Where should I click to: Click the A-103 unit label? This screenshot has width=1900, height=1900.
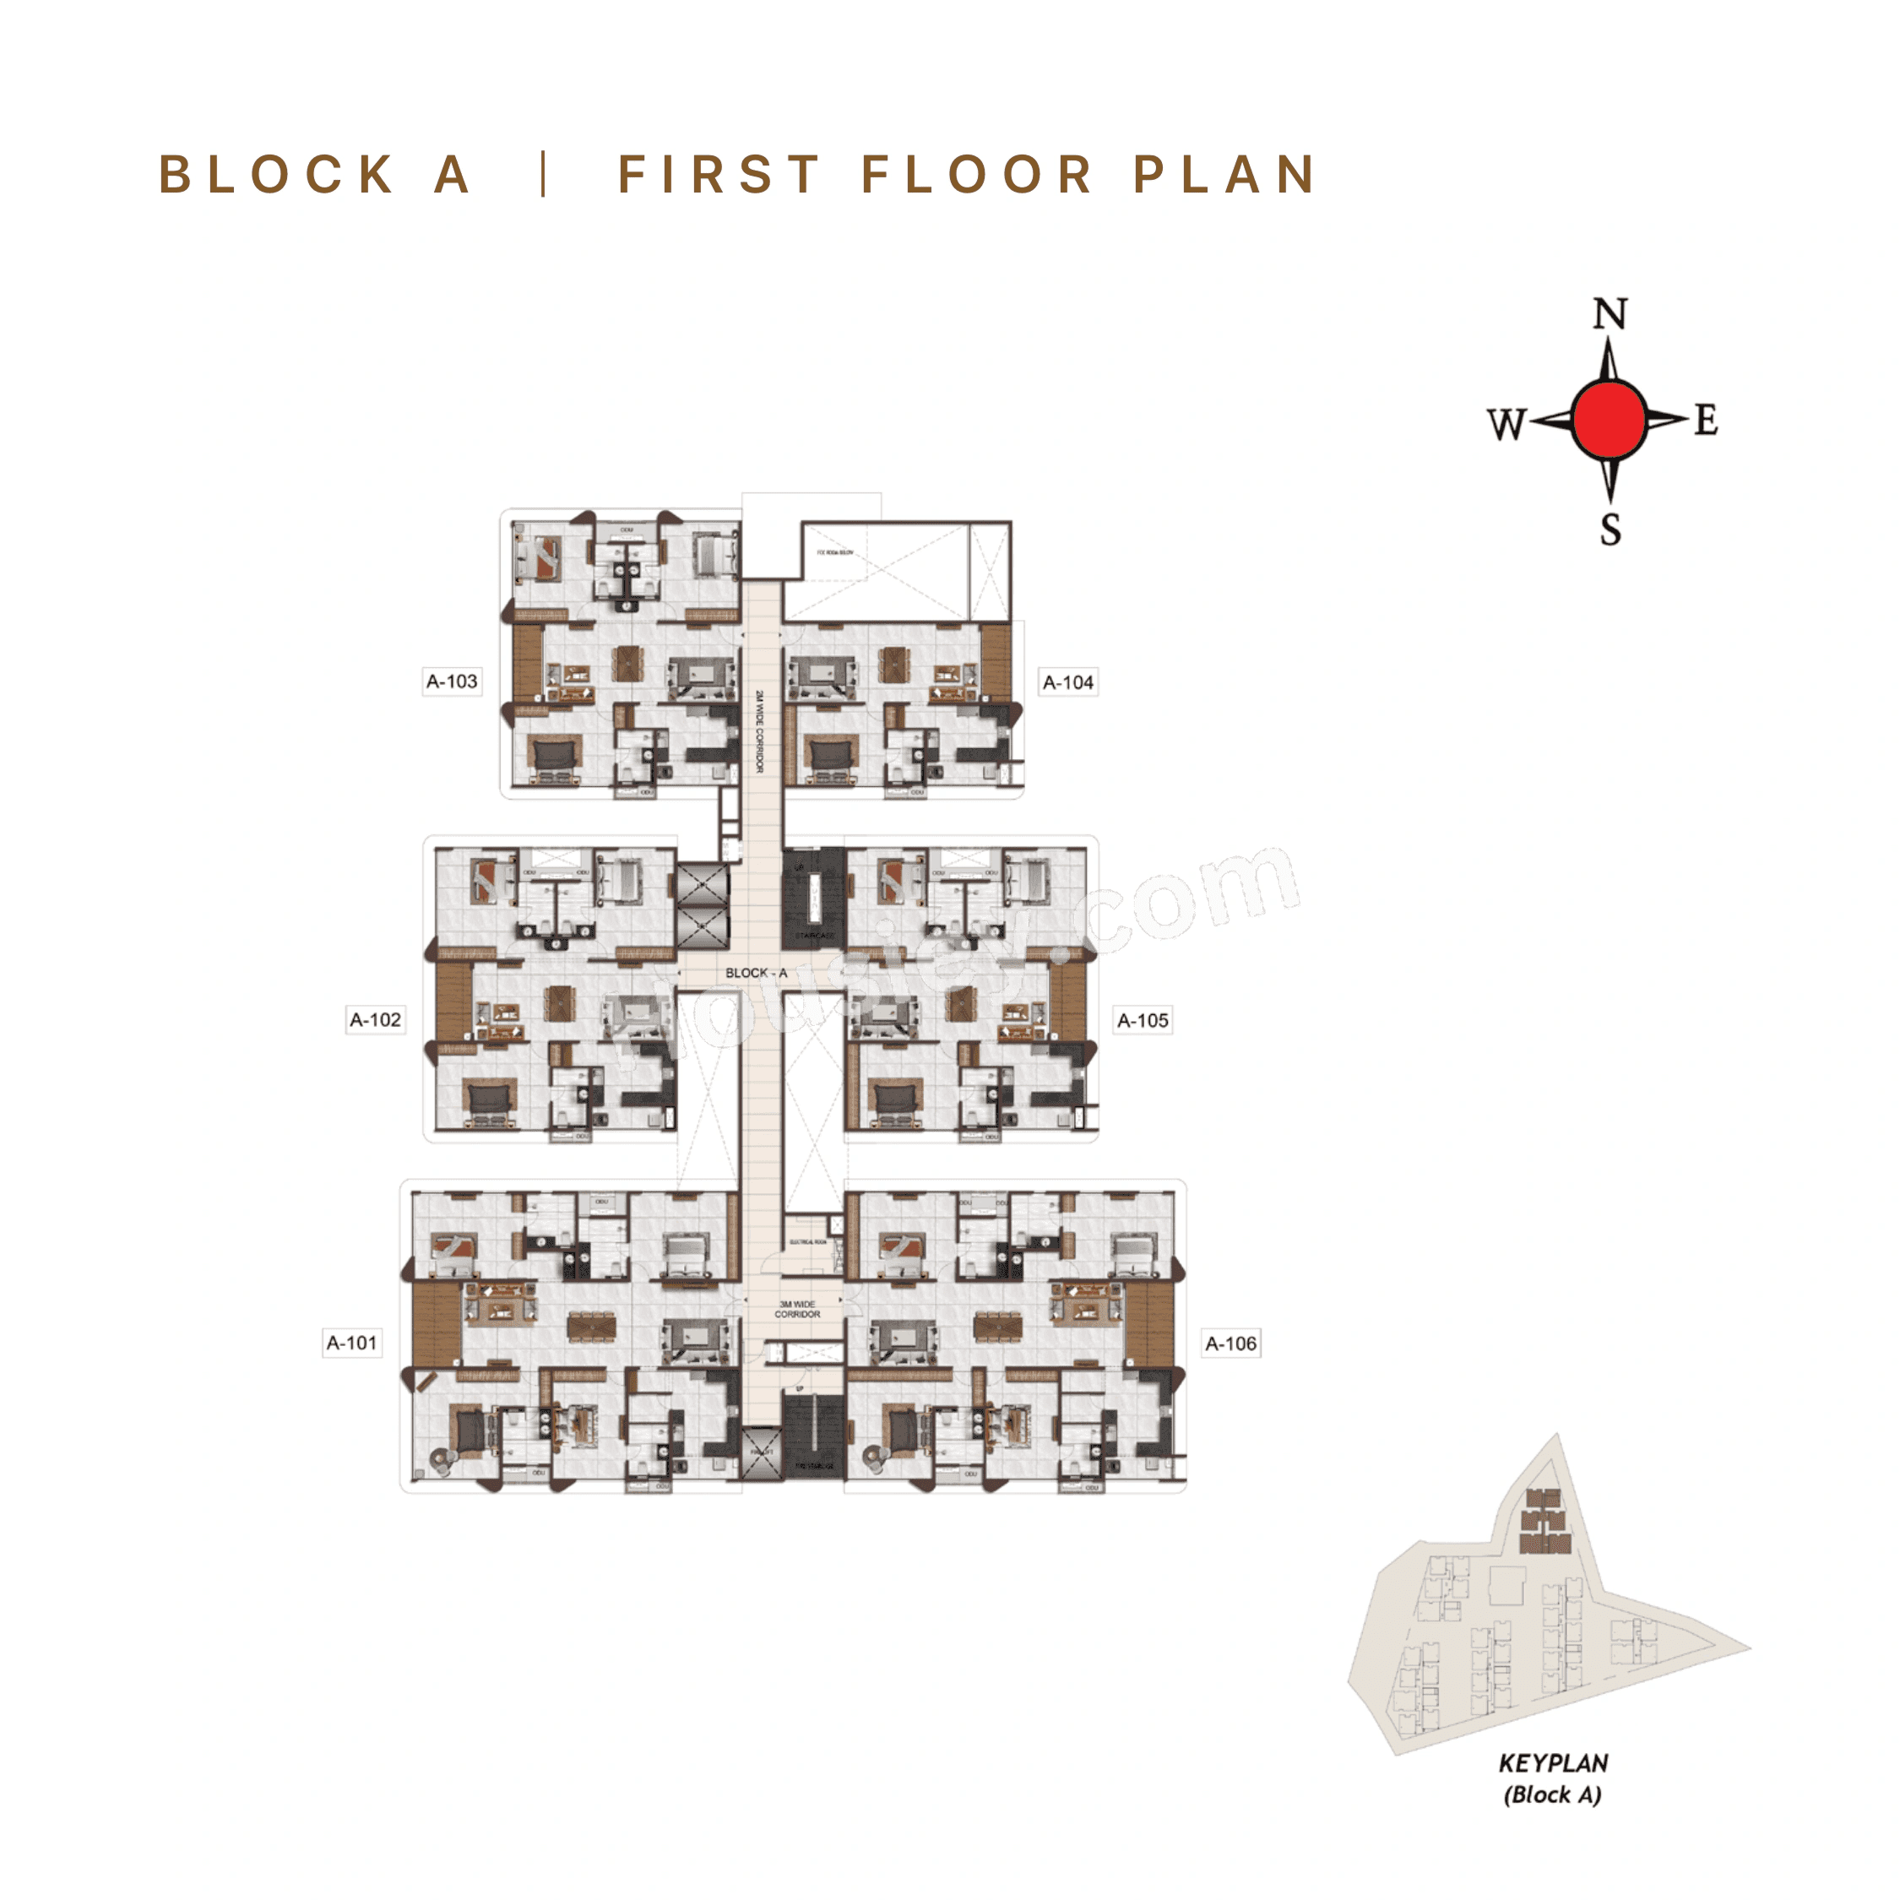pyautogui.click(x=452, y=681)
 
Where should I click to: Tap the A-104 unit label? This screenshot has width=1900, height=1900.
pyautogui.click(x=1068, y=682)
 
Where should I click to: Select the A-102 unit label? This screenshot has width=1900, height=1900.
pyautogui.click(x=376, y=1020)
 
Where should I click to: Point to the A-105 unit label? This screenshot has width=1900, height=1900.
pyautogui.click(x=1143, y=1021)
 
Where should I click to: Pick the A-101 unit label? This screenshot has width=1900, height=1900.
pyautogui.click(x=352, y=1343)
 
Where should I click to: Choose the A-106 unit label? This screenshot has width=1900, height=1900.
pyautogui.click(x=1231, y=1344)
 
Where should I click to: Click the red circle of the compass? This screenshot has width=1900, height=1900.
pyautogui.click(x=1609, y=420)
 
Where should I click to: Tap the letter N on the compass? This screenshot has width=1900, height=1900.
pyautogui.click(x=1610, y=315)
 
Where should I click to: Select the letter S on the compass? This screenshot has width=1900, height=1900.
pyautogui.click(x=1610, y=530)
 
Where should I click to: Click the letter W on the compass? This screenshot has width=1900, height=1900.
pyautogui.click(x=1506, y=424)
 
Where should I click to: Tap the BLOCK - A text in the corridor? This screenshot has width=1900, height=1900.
pyautogui.click(x=757, y=973)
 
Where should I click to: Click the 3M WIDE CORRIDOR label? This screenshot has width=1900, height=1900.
pyautogui.click(x=796, y=1309)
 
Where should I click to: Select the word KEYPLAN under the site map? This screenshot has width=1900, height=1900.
pyautogui.click(x=1553, y=1763)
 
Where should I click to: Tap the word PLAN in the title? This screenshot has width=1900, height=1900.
pyautogui.click(x=1224, y=175)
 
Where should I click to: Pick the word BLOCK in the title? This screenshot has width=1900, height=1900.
pyautogui.click(x=276, y=175)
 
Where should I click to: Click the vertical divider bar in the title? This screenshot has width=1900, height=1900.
pyautogui.click(x=544, y=175)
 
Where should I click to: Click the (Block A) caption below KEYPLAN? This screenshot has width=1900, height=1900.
pyautogui.click(x=1553, y=1794)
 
